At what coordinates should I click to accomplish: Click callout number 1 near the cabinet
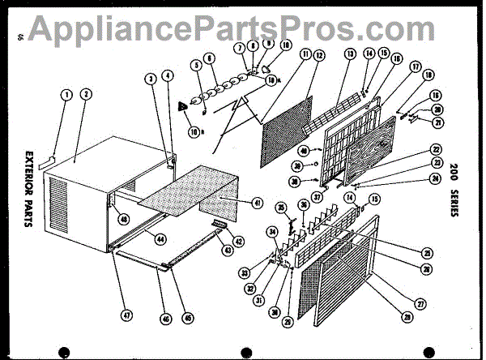66,93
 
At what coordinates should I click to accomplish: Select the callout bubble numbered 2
85,93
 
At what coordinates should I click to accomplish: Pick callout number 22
435,149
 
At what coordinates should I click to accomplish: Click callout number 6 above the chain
210,58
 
